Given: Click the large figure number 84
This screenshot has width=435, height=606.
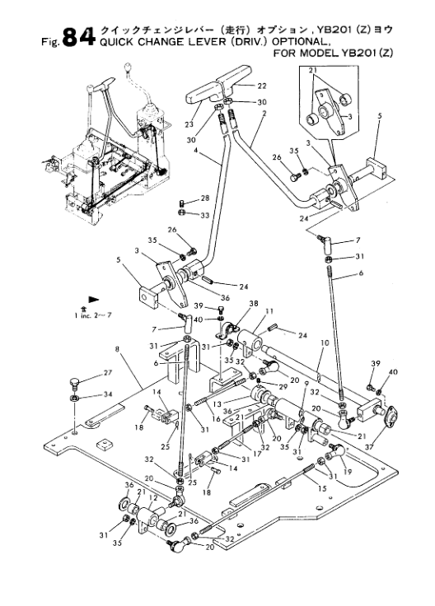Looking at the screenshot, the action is tap(78, 37).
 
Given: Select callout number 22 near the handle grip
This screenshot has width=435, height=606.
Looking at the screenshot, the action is tap(262, 86).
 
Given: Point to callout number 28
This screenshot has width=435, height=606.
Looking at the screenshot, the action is tap(205, 198).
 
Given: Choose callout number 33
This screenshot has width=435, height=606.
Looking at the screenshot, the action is tap(205, 215).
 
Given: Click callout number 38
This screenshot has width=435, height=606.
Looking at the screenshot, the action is tap(254, 304).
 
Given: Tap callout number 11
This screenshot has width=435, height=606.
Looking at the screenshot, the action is tap(269, 310).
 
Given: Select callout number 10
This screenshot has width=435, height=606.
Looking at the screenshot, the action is tap(325, 343).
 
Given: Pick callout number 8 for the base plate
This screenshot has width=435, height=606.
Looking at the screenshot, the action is tap(117, 349).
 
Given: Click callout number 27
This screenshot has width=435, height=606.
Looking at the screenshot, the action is tap(107, 372).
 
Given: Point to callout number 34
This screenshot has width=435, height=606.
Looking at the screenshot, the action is tap(107, 394).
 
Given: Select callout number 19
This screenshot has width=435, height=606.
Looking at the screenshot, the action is tap(348, 472).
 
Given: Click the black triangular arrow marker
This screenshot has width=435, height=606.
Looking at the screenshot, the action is tap(94, 299).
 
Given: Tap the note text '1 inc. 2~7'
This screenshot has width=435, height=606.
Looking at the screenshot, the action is tap(93, 315).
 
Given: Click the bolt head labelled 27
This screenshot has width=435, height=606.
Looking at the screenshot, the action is tap(74, 383).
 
